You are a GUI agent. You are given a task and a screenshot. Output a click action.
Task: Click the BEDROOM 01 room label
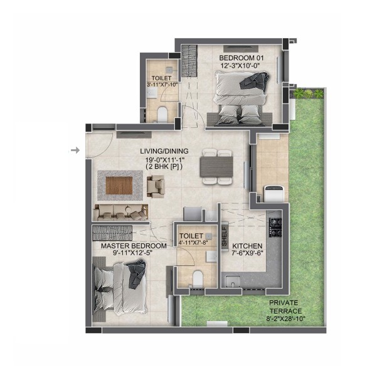[x=241, y=58]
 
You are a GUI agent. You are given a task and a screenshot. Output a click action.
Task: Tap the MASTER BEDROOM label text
[x=134, y=246]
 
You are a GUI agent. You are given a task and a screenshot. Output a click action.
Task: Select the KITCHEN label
[x=247, y=246]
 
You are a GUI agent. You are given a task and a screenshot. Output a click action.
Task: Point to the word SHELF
[x=225, y=236]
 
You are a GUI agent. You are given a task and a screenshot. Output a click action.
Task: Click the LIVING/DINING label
[x=164, y=151]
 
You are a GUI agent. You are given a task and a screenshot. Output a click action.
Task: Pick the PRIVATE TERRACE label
[x=285, y=307]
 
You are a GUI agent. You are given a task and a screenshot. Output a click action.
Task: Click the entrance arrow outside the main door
[x=75, y=151]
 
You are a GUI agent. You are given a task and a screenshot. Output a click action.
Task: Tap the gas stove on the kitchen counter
[x=275, y=227]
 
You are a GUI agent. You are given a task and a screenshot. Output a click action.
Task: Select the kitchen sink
[x=233, y=281]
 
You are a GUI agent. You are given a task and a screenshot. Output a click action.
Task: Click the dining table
[x=216, y=167]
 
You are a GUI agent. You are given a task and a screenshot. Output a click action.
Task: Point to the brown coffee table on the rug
[x=119, y=186]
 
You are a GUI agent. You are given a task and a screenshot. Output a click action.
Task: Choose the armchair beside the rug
[x=156, y=186]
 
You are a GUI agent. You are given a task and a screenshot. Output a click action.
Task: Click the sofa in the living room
[x=121, y=213]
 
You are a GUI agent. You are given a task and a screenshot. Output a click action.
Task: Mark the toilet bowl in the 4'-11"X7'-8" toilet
[x=198, y=278]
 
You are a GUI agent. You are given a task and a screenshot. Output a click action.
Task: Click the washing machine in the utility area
[x=274, y=194]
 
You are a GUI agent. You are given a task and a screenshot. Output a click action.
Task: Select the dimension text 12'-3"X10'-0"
[x=240, y=66]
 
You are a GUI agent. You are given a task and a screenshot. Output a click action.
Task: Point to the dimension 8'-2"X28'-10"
[x=286, y=319]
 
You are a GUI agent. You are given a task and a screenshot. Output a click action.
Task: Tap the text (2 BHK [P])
[x=164, y=167]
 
